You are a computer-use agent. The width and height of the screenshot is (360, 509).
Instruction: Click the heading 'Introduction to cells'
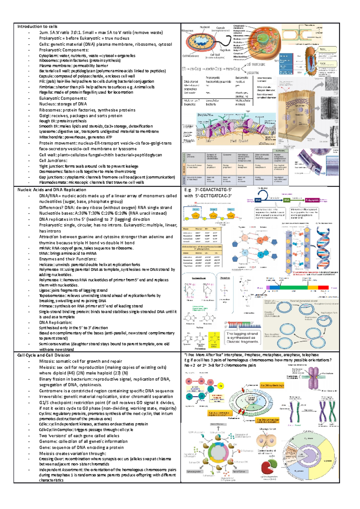coord(37,26)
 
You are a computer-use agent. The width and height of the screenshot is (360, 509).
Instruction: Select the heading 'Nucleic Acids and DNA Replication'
coord(52,190)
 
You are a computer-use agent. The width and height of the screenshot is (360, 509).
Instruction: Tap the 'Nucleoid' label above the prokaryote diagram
coord(205,27)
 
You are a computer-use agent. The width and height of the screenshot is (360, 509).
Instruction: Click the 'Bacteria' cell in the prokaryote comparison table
coord(211,104)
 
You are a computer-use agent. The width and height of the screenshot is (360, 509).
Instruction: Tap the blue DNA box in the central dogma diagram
coord(258,200)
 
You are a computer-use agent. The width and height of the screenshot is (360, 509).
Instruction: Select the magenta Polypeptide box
coord(312,200)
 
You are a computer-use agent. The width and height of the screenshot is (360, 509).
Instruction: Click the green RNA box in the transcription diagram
coord(287,200)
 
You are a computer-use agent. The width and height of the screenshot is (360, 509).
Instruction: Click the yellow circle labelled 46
coord(220,385)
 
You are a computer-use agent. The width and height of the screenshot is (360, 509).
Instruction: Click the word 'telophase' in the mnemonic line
coord(310,355)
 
